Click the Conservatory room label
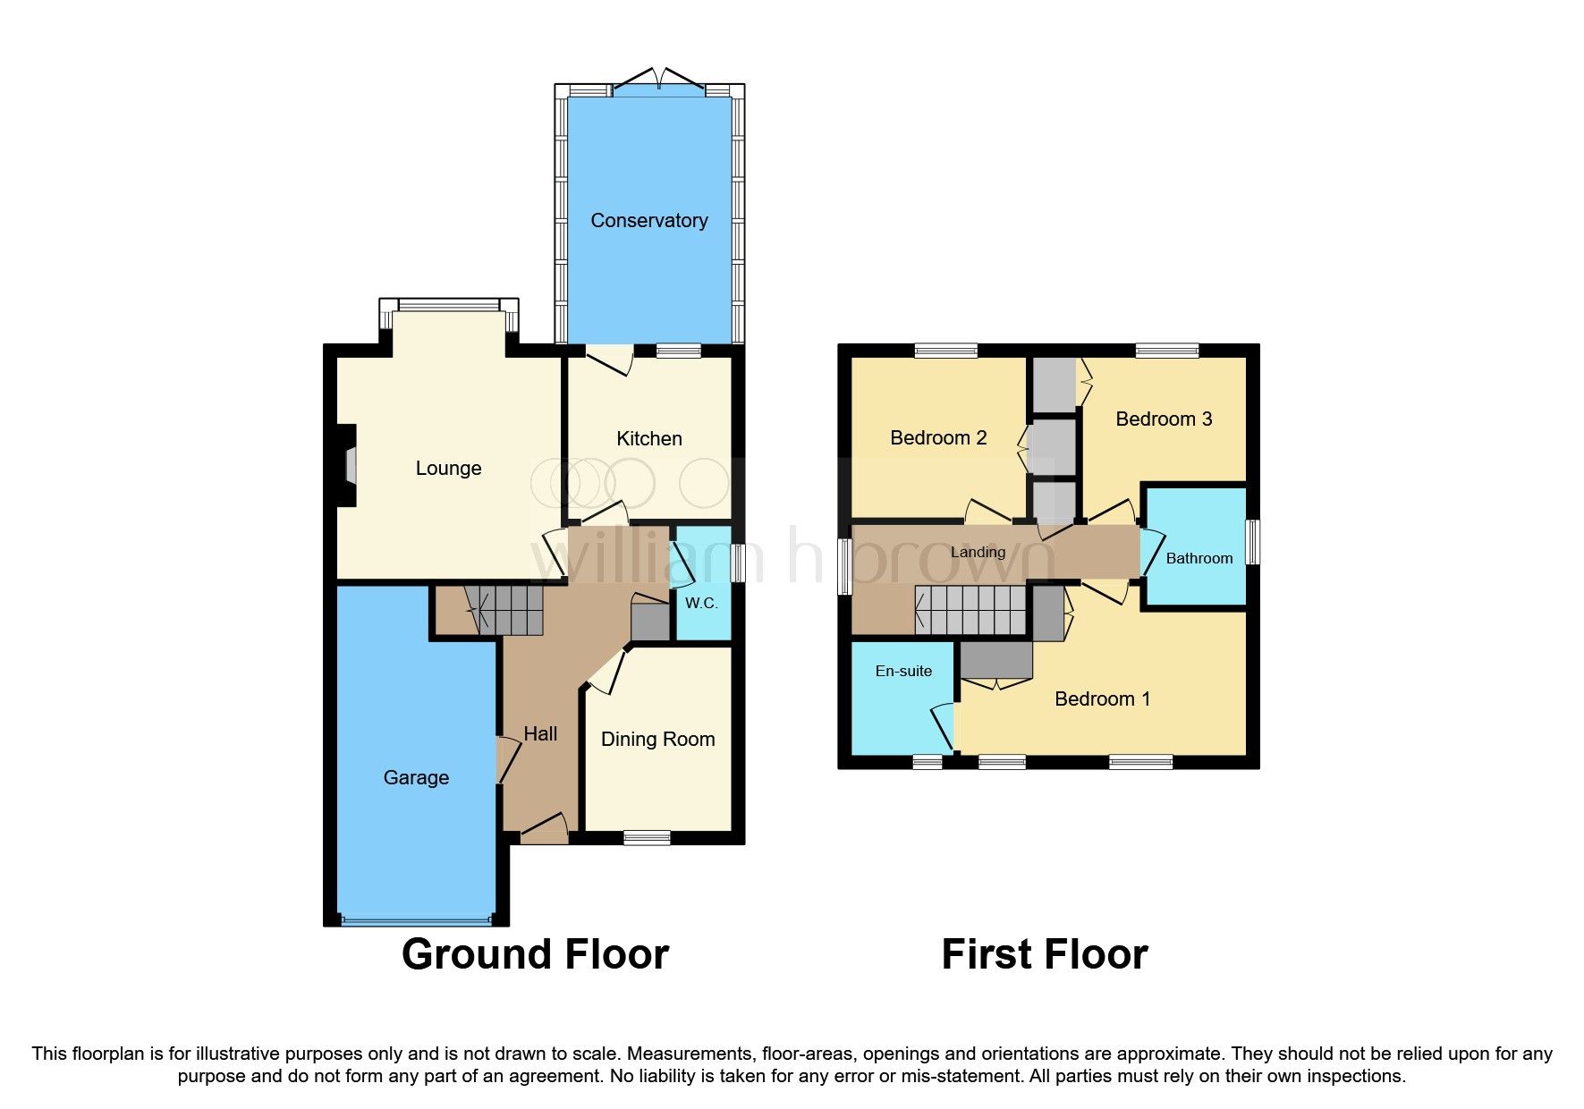coord(648,220)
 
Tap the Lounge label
coord(448,468)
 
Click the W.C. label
coord(701,603)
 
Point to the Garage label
coord(416,777)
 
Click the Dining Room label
coord(657,739)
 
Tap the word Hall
coord(540,733)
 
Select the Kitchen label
coord(648,438)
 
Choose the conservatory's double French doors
coord(658,80)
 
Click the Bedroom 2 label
coord(938,437)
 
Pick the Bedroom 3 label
coord(1164,419)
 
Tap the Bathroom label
coord(1199,558)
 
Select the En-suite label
coord(903,671)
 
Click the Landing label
coord(978,552)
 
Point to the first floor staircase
coord(970,610)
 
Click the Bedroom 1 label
coord(1102,698)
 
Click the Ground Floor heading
coord(535,954)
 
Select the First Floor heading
coord(1044,954)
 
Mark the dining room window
coord(647,837)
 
